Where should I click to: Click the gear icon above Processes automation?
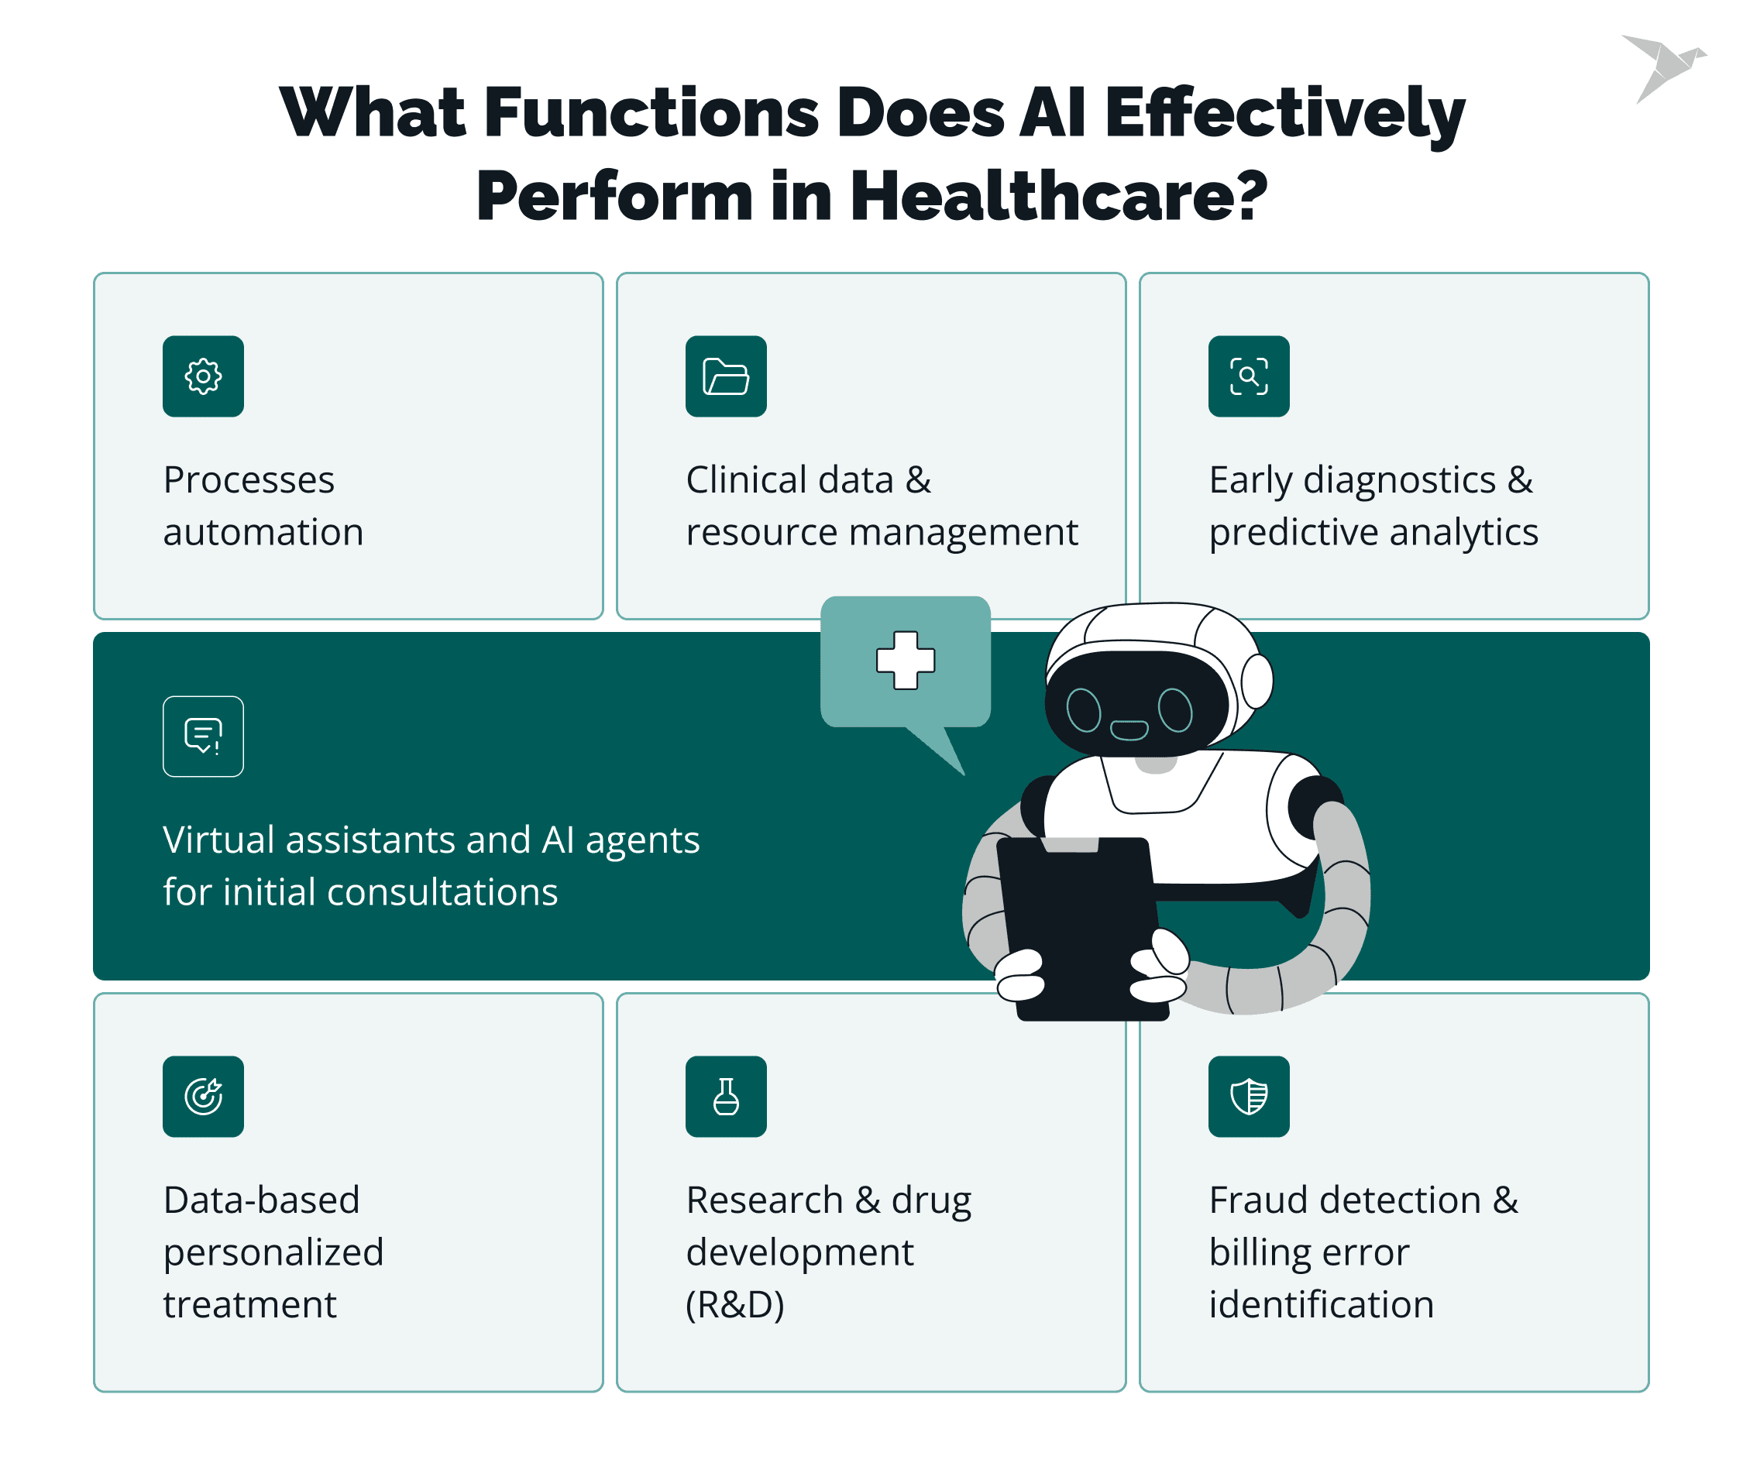tap(203, 376)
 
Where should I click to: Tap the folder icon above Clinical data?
tap(727, 376)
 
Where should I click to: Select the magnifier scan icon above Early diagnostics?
tap(1249, 376)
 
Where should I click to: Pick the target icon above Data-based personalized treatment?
tap(203, 1096)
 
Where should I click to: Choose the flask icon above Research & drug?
tap(727, 1096)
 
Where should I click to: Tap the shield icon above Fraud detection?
tap(1249, 1096)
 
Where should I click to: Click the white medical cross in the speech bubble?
tap(906, 661)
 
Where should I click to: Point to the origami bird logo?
tap(1663, 68)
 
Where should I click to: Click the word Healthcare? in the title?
tap(1058, 196)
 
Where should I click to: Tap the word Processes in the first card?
tap(249, 479)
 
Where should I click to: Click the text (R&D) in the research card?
tap(735, 1304)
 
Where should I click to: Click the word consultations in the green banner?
tap(452, 892)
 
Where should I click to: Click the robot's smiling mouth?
tap(1129, 730)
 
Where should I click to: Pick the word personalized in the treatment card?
tap(274, 1253)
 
